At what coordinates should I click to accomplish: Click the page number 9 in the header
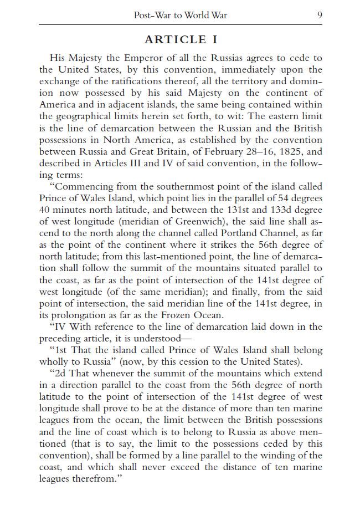(319, 15)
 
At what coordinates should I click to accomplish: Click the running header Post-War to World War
(181, 15)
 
